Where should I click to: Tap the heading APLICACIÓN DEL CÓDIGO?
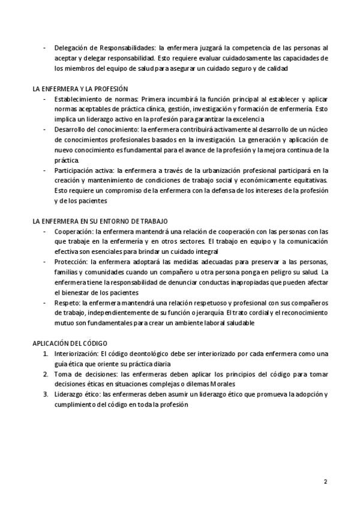tap(70, 343)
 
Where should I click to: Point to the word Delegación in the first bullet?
tap(72, 47)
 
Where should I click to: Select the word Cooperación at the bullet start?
tap(73, 231)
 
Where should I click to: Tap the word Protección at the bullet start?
tap(71, 262)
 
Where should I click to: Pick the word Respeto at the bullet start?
tap(67, 303)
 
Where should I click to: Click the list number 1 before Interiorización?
tap(46, 354)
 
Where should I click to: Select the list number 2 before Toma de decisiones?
tap(46, 374)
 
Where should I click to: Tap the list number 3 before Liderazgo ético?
tap(46, 394)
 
